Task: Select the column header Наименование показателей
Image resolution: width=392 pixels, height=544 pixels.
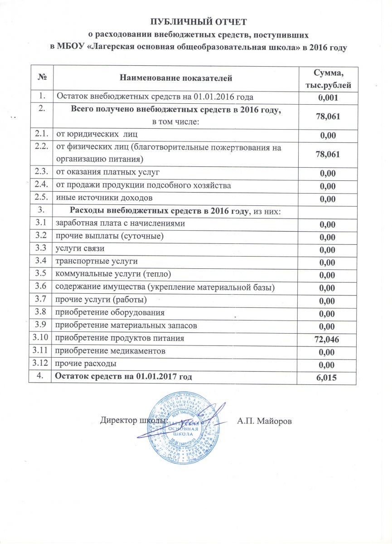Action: [175, 78]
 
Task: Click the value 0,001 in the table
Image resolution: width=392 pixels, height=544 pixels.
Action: [327, 97]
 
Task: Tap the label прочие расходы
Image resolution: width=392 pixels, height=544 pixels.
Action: [85, 364]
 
